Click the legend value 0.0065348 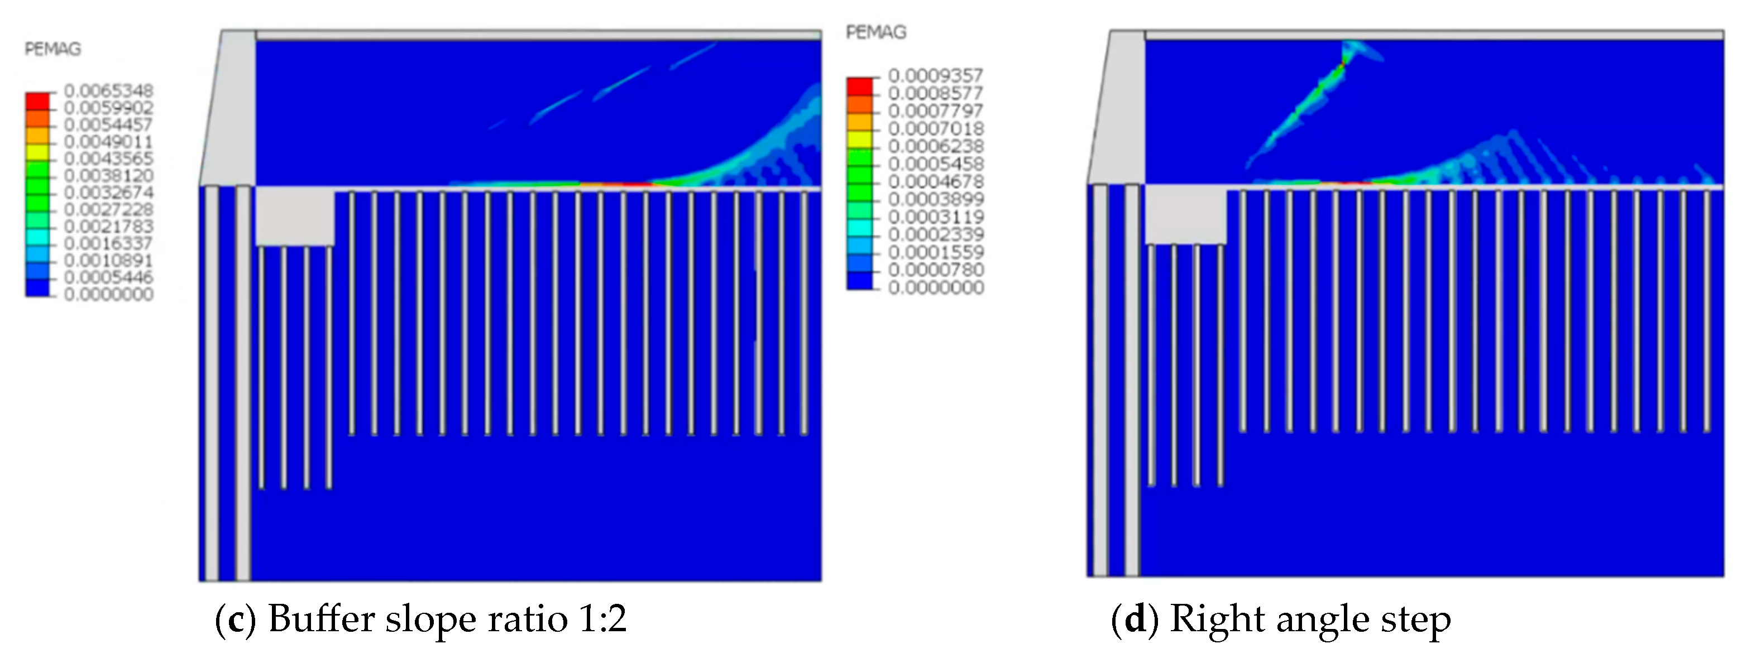108,90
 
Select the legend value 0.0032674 108,193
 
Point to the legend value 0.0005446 108,277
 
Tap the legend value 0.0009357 935,75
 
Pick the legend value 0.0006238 935,146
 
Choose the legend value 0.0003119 935,217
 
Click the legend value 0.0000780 935,270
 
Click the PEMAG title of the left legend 52,49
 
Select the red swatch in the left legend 37,102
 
